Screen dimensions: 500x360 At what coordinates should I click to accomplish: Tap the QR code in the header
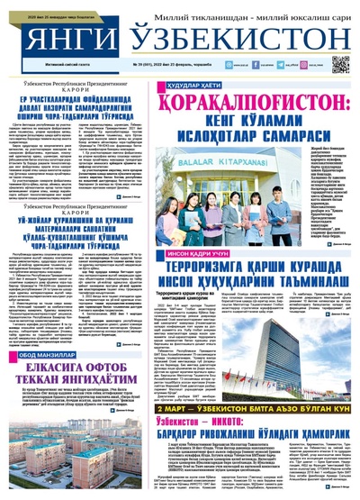(x=340, y=64)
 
